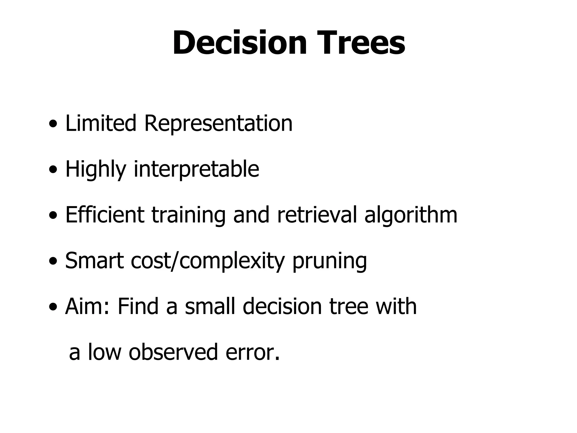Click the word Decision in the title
click(x=239, y=43)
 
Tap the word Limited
click(x=101, y=123)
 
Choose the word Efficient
click(x=105, y=215)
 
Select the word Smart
click(x=95, y=261)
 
